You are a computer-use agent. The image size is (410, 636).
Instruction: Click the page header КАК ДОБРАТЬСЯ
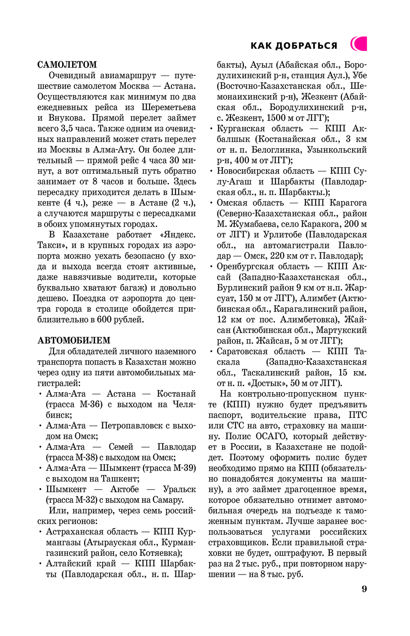[x=294, y=45]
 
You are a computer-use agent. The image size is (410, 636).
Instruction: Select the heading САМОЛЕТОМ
[x=67, y=65]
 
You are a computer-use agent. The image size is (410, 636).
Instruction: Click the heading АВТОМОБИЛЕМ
[x=74, y=341]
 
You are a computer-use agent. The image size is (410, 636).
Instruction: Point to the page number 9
[x=364, y=589]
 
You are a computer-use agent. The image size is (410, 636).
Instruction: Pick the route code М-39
[x=183, y=468]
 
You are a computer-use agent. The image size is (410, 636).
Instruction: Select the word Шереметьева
[x=169, y=107]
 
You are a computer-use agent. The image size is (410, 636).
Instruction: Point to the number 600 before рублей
[x=104, y=320]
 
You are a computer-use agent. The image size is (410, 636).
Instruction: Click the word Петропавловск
[x=132, y=426]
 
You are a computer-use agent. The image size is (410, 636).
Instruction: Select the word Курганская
[x=241, y=129]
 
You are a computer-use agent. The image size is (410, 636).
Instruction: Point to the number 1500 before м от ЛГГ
[x=276, y=118]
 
